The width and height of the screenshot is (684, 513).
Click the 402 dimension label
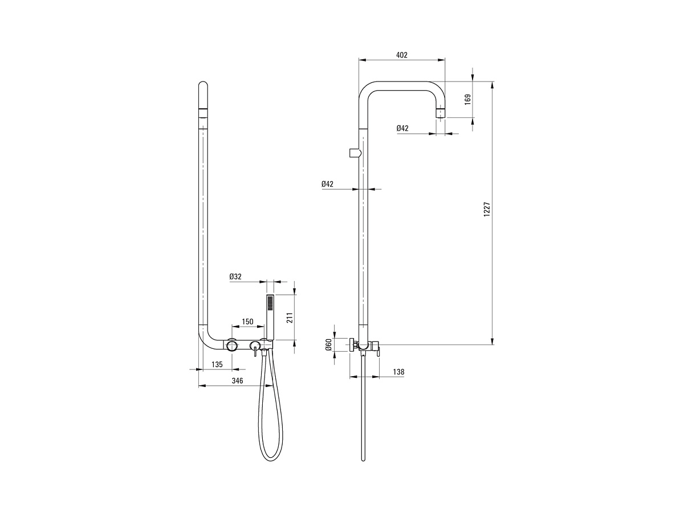(x=402, y=55)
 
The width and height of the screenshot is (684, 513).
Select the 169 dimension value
(x=468, y=99)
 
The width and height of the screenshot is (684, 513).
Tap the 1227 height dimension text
(x=487, y=209)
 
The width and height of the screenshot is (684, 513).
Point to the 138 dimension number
(x=398, y=372)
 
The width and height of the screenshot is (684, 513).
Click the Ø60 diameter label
(x=328, y=344)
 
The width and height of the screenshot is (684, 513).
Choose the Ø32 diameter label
(x=235, y=276)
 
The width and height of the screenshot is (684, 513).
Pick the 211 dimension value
(x=290, y=317)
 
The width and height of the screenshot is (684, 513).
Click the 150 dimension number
(x=248, y=321)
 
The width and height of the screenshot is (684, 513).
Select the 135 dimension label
(x=217, y=364)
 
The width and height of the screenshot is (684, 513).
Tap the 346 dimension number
(x=238, y=381)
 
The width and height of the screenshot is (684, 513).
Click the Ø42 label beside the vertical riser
(x=328, y=184)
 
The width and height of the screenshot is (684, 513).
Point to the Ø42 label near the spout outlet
(x=402, y=128)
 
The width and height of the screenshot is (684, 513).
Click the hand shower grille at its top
(x=270, y=302)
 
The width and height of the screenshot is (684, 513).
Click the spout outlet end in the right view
(x=440, y=113)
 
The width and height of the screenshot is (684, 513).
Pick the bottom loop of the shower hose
(x=271, y=460)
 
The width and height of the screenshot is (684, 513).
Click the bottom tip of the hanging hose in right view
(x=363, y=459)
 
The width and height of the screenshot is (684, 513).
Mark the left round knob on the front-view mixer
(x=232, y=345)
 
